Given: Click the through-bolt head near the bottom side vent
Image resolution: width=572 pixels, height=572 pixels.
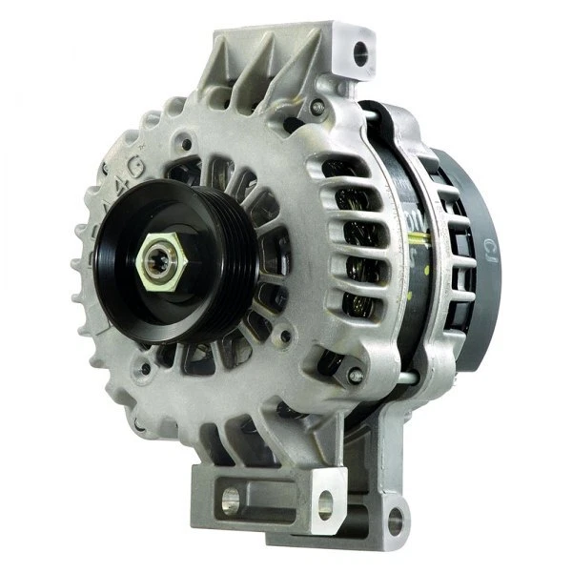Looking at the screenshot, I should click(354, 376).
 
